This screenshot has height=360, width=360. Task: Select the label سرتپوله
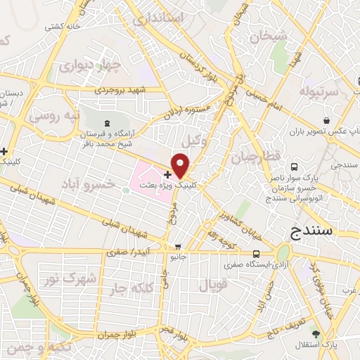[319, 92]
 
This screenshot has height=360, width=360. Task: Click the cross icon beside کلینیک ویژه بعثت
[167, 174]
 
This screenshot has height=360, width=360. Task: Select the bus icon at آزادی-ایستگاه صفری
[255, 254]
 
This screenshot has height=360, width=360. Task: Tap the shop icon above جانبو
[178, 247]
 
